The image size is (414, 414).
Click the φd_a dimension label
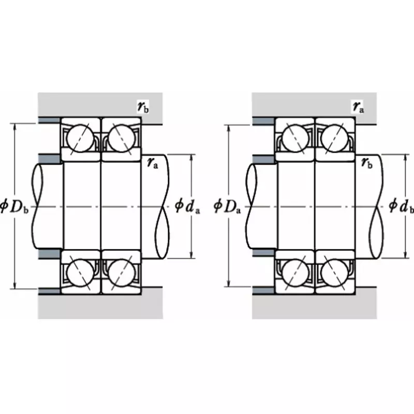click(x=187, y=206)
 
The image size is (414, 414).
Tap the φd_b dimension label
click(x=402, y=206)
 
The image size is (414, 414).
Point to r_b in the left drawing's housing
click(x=143, y=107)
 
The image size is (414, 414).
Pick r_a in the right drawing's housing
click(x=358, y=107)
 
